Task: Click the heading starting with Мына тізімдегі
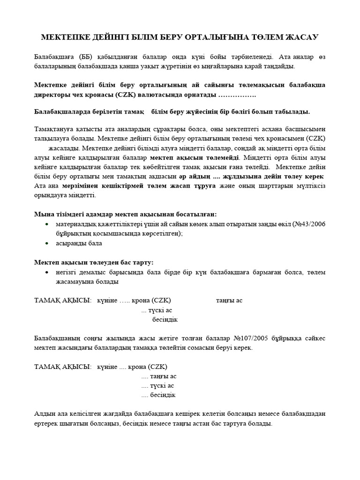[x=125, y=214]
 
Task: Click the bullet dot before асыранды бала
[x=47, y=243]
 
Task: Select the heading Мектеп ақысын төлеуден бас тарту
[x=94, y=262]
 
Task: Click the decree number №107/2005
[x=254, y=338]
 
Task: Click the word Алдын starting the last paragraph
[x=45, y=414]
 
